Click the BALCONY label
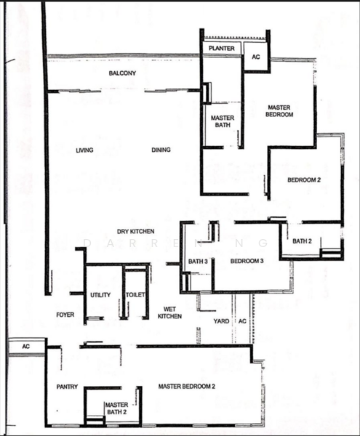(122, 73)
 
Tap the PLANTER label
(221, 49)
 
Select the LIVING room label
(84, 150)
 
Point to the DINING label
(161, 150)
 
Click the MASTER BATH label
(223, 121)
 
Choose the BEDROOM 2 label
(304, 180)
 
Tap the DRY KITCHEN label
(135, 231)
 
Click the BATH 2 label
(302, 241)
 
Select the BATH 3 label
(198, 262)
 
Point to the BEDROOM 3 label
(247, 261)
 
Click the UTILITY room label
(100, 295)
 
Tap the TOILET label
(135, 295)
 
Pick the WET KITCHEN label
(169, 312)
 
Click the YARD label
(221, 321)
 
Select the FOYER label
(65, 315)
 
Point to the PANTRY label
(67, 387)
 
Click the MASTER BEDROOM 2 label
(187, 387)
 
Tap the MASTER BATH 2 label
(117, 408)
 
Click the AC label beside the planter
(256, 57)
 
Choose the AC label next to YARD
(242, 321)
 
